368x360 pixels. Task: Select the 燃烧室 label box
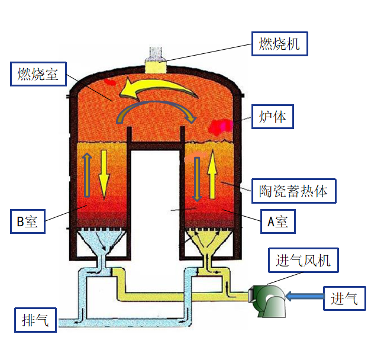tap(38, 74)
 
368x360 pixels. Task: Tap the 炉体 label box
tap(272, 117)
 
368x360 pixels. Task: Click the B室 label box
tap(27, 222)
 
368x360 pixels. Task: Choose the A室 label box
tap(277, 222)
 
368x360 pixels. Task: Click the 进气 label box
tap(344, 298)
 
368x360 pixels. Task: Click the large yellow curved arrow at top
tap(157, 89)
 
